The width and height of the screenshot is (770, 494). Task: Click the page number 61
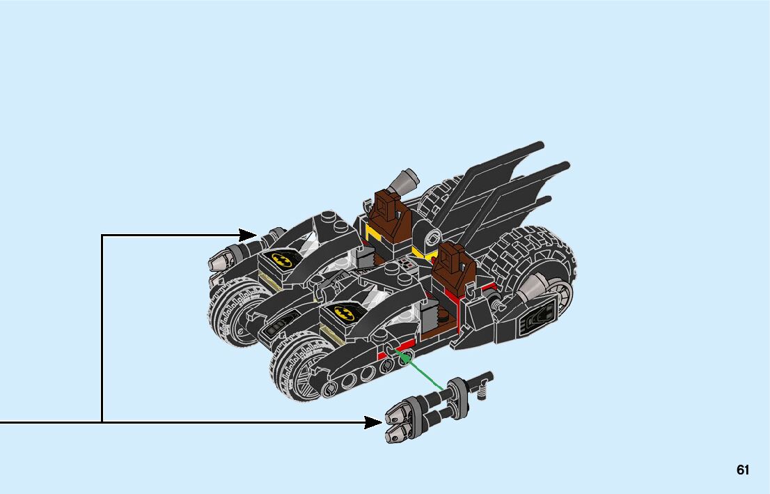tap(743, 470)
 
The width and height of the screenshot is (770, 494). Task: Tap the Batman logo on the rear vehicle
tap(282, 261)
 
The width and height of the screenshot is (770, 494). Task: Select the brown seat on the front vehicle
tap(453, 268)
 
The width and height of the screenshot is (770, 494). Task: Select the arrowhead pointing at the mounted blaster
tap(249, 236)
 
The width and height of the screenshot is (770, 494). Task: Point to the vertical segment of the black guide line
tap(102, 327)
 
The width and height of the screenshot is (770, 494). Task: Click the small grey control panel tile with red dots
tap(406, 265)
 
